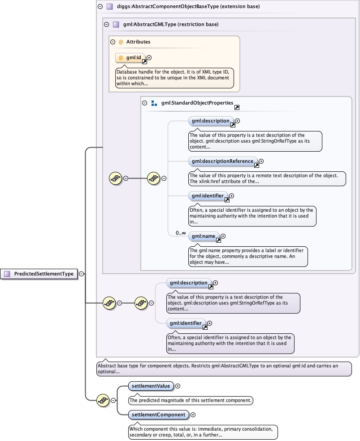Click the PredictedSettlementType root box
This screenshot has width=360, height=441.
[39, 274]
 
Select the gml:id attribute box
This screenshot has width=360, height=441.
[130, 58]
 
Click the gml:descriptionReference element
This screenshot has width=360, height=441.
[222, 161]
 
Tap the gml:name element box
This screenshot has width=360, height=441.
[204, 236]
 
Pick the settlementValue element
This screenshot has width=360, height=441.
[151, 386]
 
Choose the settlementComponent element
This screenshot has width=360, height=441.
[159, 415]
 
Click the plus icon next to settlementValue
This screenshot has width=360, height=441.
[178, 386]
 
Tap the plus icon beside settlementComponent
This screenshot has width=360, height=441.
[193, 415]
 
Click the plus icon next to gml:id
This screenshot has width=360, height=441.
[149, 57]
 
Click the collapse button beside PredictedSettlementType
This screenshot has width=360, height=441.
[81, 274]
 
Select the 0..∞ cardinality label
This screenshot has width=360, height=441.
[181, 233]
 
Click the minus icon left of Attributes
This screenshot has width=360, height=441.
[113, 42]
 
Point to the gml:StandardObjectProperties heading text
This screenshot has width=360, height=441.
[197, 103]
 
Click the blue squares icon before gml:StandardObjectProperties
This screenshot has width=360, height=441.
[154, 103]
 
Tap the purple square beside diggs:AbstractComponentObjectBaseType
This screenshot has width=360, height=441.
[109, 6]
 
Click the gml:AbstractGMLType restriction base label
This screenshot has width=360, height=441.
[171, 25]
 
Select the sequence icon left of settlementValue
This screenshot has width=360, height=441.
[103, 400]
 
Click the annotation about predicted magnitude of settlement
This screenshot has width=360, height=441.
[191, 400]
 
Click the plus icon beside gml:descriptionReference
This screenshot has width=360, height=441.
[261, 161]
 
